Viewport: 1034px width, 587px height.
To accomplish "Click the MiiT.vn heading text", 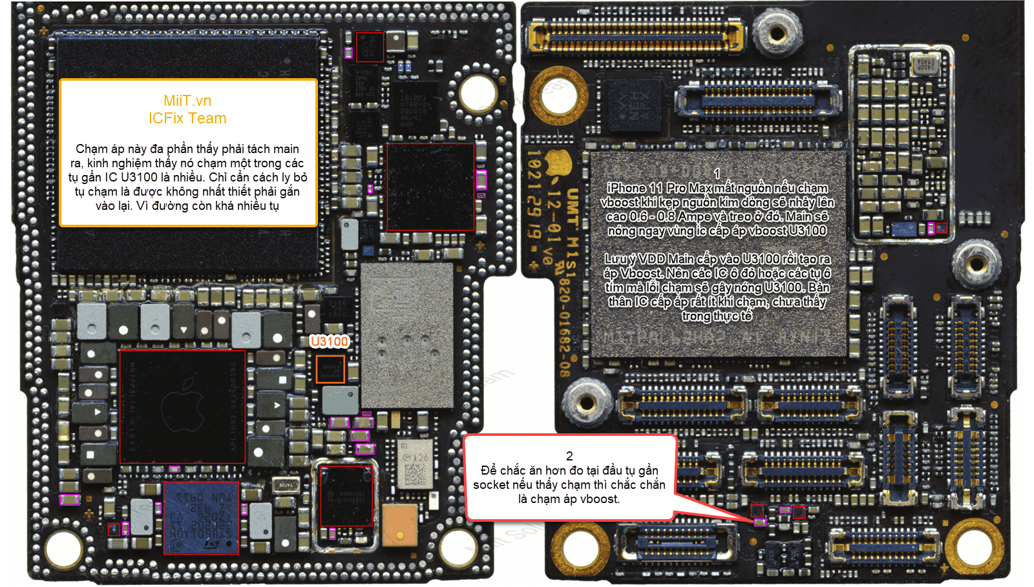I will pos(187,101).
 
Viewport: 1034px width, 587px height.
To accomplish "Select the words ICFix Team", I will pos(187,118).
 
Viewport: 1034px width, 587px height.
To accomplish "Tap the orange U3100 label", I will pos(329,342).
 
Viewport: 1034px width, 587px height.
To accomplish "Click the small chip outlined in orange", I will pos(330,369).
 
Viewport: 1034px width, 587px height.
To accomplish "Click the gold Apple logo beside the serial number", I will pos(560,162).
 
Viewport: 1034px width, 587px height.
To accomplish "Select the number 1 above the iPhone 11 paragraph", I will pos(717,174).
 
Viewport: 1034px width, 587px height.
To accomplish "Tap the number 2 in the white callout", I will pos(569,456).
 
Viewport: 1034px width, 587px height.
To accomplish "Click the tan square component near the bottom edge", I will pos(399,525).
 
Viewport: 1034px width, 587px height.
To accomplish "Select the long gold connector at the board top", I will pos(637,36).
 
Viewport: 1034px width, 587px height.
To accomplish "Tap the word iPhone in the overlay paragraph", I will pos(626,189).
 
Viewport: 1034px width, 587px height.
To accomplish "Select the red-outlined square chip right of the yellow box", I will pos(430,187).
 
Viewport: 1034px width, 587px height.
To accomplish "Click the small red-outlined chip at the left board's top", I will pos(370,47).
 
